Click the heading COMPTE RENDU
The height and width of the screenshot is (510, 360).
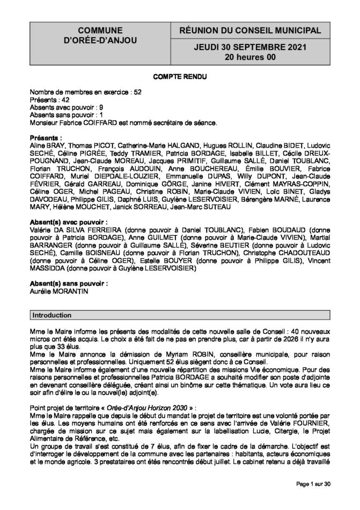tap(180, 77)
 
